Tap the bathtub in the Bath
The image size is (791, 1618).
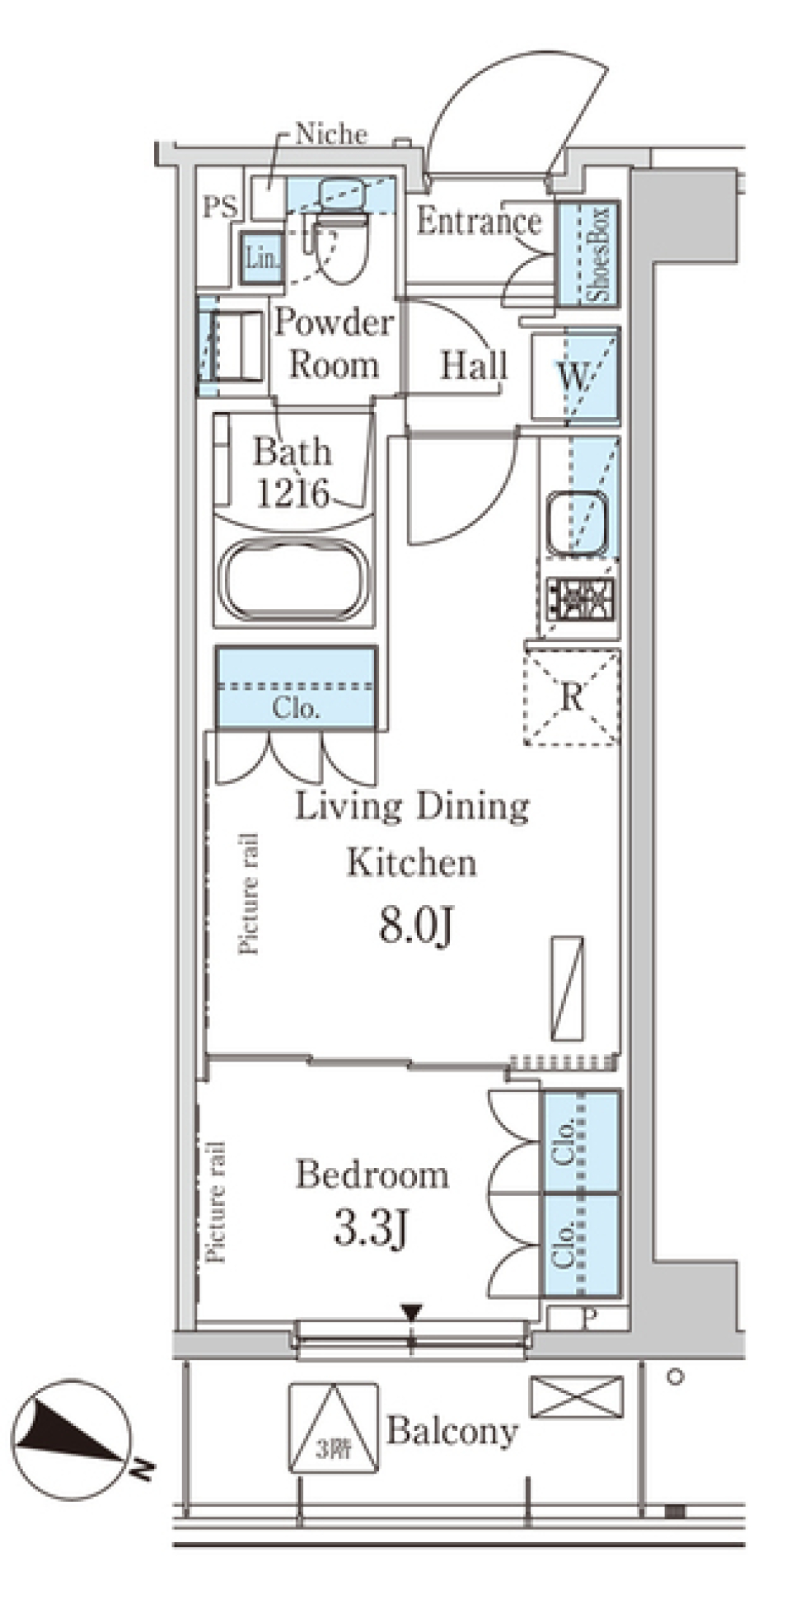coord(294,579)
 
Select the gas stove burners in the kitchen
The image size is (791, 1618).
coord(582,598)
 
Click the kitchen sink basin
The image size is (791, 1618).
coord(576,523)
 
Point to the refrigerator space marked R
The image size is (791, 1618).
coord(572,697)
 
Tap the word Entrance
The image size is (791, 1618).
coord(479,221)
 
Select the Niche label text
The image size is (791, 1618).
coord(331,134)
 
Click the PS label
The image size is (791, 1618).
coord(220,206)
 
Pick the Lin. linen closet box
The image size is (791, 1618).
coord(262,257)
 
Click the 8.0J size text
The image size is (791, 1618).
coord(416,926)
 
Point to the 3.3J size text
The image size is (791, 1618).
coord(370,1228)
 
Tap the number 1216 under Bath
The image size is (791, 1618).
coord(293,493)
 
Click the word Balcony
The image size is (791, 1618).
coord(452,1431)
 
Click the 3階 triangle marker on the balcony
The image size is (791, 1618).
coord(334,1428)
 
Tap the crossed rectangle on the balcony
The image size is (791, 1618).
coord(577,1395)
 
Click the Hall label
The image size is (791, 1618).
coord(474,366)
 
